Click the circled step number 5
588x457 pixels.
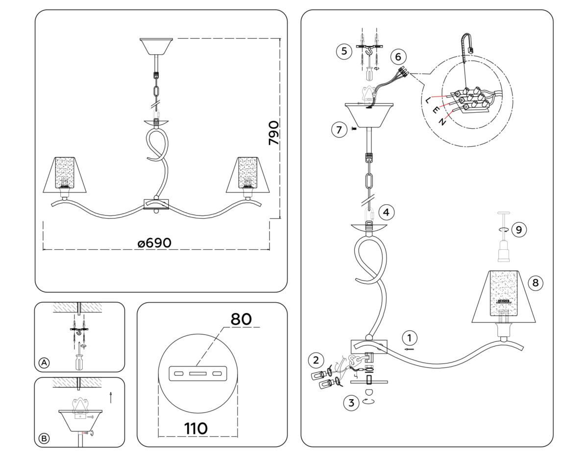(344, 51)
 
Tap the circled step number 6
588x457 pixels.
(398, 57)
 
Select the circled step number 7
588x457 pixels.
(338, 130)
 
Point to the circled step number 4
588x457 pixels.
(387, 212)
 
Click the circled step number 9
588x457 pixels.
(518, 229)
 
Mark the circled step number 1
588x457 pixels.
(410, 337)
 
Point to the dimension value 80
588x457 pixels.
(241, 319)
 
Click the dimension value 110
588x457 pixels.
(196, 429)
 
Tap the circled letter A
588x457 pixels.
(44, 363)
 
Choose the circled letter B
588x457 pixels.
(44, 439)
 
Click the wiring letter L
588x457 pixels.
(429, 100)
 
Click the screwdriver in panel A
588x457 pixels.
(79, 359)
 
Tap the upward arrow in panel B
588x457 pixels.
(111, 396)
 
